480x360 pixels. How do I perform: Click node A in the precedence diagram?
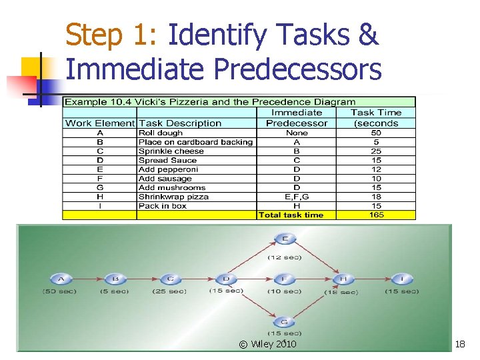pyautogui.click(x=61, y=279)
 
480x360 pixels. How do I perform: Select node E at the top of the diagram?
pyautogui.click(x=285, y=239)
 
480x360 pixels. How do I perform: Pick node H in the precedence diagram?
pyautogui.click(x=344, y=279)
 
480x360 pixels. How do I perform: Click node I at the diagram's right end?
pyautogui.click(x=402, y=279)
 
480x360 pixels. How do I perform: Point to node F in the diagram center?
pyautogui.click(x=285, y=279)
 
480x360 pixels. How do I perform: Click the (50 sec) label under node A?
pyautogui.click(x=59, y=291)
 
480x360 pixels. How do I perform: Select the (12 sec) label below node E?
pyautogui.click(x=285, y=257)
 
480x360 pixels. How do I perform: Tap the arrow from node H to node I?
pyautogui.click(x=373, y=279)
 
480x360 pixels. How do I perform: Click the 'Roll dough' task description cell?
pyautogui.click(x=161, y=133)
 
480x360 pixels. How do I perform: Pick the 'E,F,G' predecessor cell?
pyautogui.click(x=296, y=197)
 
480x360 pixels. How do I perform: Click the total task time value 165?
pyautogui.click(x=376, y=215)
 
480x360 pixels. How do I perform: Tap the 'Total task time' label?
pyautogui.click(x=291, y=215)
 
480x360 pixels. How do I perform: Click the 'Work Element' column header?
pyautogui.click(x=100, y=123)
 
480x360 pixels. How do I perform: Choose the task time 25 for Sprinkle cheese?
pyautogui.click(x=376, y=151)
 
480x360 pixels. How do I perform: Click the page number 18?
pyautogui.click(x=459, y=344)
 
